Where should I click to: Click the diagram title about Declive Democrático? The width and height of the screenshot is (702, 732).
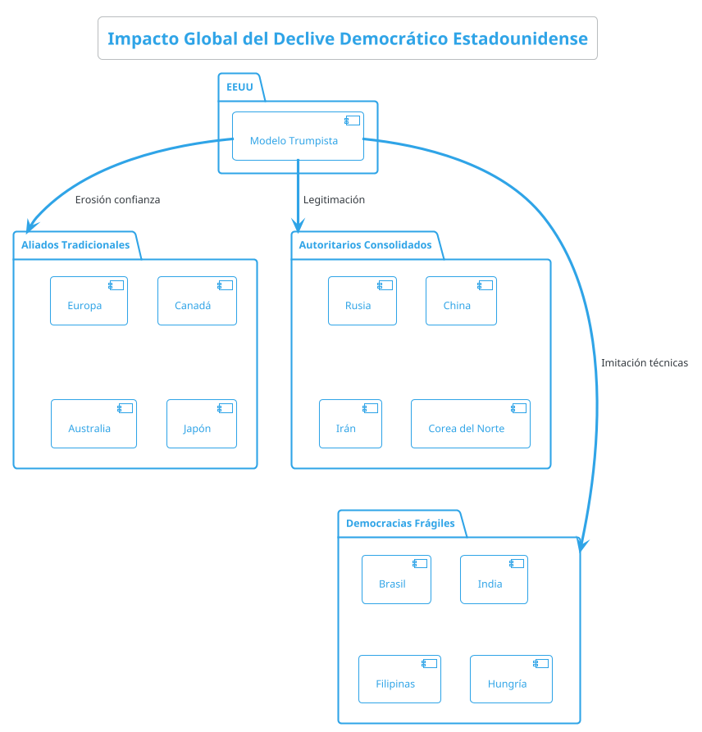point(348,39)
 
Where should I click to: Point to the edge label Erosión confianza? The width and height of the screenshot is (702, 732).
point(117,199)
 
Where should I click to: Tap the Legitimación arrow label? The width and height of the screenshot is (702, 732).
point(334,199)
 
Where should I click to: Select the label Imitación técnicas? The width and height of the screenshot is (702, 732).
point(644,362)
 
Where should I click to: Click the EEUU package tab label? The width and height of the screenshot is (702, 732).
point(239,87)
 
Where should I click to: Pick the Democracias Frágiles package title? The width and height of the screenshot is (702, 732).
point(400,523)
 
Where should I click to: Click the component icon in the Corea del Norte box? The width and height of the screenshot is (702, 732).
point(518,408)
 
